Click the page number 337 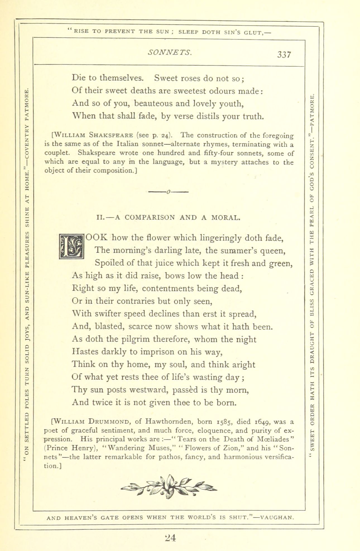tap(284, 55)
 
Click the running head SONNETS tap(170, 52)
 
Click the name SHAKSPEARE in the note tap(111, 135)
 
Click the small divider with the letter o tap(169, 192)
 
